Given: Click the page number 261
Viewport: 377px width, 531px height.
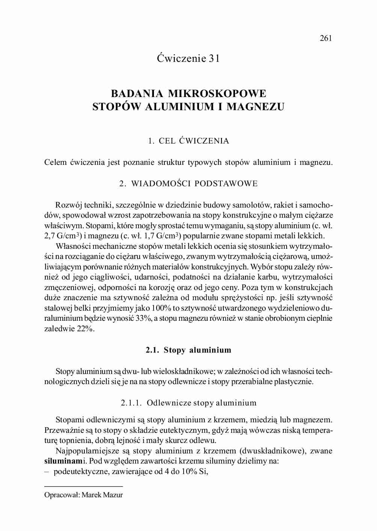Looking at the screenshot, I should pos(326,38).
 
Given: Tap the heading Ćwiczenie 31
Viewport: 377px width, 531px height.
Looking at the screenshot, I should pos(188,58).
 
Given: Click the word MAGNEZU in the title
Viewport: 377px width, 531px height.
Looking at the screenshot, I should pos(255,107).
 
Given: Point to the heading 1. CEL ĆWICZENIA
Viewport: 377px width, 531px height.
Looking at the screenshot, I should pos(188,141).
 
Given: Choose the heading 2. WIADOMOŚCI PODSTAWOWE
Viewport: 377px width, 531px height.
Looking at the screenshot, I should pos(188,184).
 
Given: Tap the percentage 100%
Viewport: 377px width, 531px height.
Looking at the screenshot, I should pos(161,308).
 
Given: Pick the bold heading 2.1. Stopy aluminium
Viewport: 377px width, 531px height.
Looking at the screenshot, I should pos(188,350).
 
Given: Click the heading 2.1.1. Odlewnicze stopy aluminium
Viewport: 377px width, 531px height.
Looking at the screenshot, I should pos(188,403).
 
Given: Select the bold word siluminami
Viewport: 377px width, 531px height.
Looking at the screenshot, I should pos(65,461).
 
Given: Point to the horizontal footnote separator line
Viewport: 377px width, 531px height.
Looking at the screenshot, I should pos(83,486).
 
